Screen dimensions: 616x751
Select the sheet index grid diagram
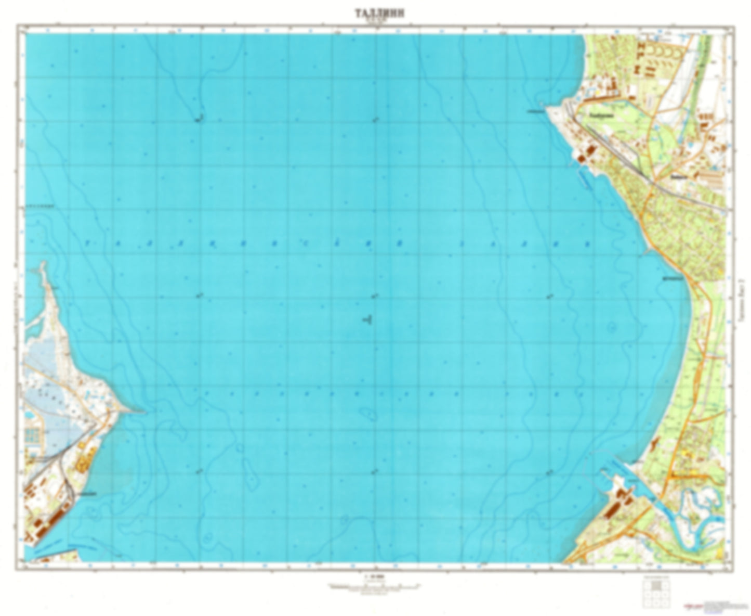[x=655, y=593]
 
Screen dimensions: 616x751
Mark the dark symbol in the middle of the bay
[x=367, y=319]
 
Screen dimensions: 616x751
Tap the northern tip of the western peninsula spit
[x=43, y=265]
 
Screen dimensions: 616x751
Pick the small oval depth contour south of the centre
[x=369, y=414]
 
